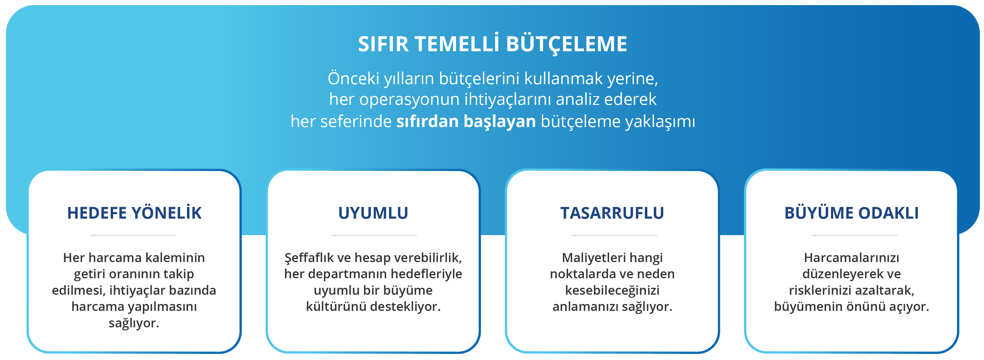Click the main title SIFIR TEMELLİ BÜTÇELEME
(x=492, y=44)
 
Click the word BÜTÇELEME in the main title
(x=567, y=44)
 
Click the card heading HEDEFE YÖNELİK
(x=134, y=213)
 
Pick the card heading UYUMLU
(x=373, y=213)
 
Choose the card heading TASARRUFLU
(x=612, y=213)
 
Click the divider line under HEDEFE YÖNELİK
(x=133, y=235)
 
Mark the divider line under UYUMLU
(x=373, y=235)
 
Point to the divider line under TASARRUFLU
(x=614, y=235)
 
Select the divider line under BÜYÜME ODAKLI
(x=855, y=235)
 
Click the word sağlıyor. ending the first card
(x=134, y=323)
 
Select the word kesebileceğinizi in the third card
(x=612, y=291)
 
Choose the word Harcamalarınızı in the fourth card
(x=851, y=258)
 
